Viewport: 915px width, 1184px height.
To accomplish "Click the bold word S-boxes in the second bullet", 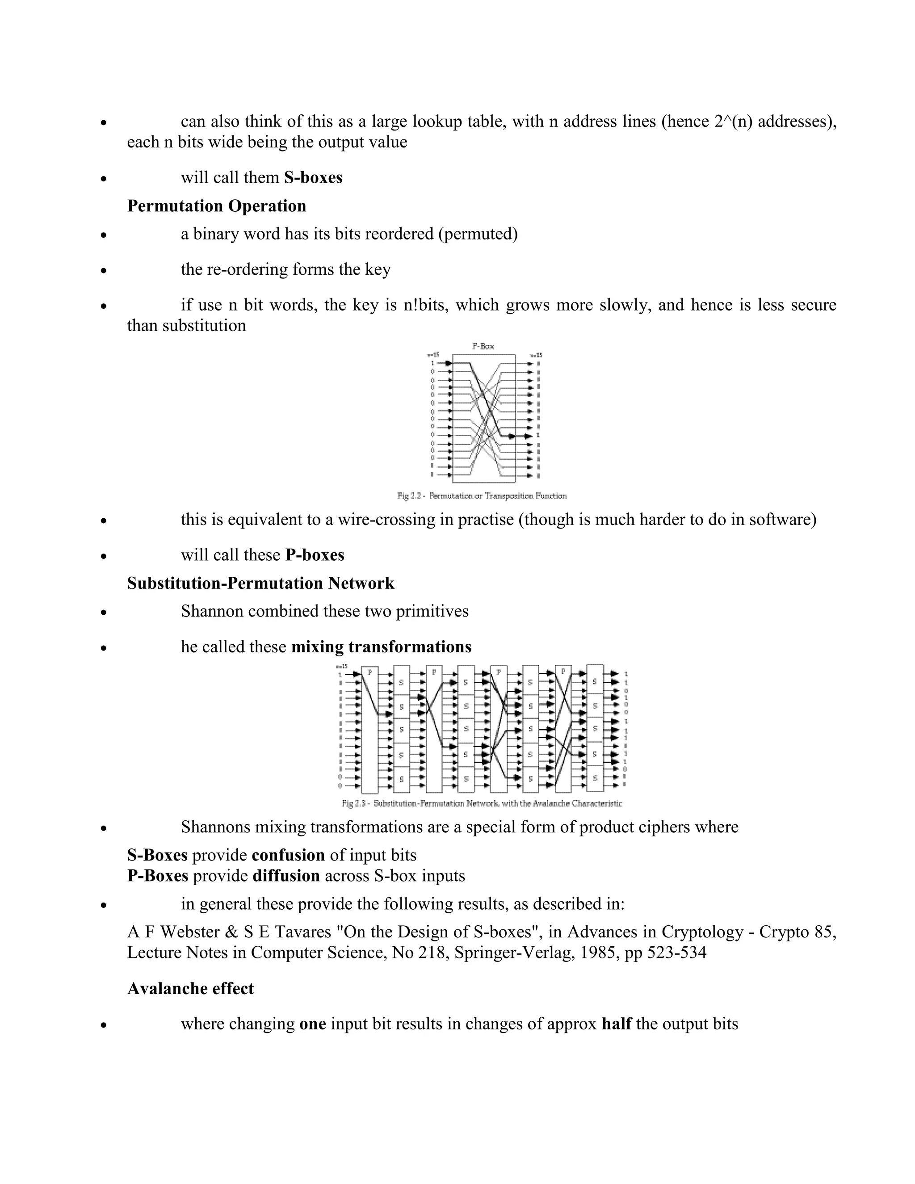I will [313, 178].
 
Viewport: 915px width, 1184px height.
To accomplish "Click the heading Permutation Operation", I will [216, 206].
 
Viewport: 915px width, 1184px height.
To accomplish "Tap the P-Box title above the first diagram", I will [483, 346].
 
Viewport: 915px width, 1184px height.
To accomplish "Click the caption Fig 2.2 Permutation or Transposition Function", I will [482, 496].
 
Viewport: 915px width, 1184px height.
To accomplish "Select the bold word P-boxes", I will [315, 555].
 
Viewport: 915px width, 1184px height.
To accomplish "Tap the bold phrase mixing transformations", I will [381, 647].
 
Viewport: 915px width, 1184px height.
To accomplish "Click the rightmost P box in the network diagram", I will [564, 729].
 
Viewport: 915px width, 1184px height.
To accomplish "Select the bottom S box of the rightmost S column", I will [595, 777].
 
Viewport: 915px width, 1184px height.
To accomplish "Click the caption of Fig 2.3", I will [482, 803].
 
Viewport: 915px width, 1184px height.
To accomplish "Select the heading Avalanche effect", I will [190, 988].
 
